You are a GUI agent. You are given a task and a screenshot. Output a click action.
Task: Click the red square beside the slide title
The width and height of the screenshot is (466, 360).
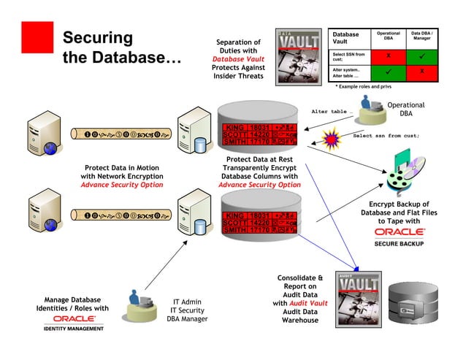pos(37,37)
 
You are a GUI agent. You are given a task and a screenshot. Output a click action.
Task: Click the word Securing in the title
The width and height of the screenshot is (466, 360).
pos(98,37)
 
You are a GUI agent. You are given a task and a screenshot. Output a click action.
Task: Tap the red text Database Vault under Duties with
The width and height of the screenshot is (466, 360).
pos(238,59)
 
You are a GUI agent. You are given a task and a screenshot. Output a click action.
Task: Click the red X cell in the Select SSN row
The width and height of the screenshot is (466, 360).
pos(388,55)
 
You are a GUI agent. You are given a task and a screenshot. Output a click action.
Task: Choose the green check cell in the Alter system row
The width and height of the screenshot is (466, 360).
pos(388,72)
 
